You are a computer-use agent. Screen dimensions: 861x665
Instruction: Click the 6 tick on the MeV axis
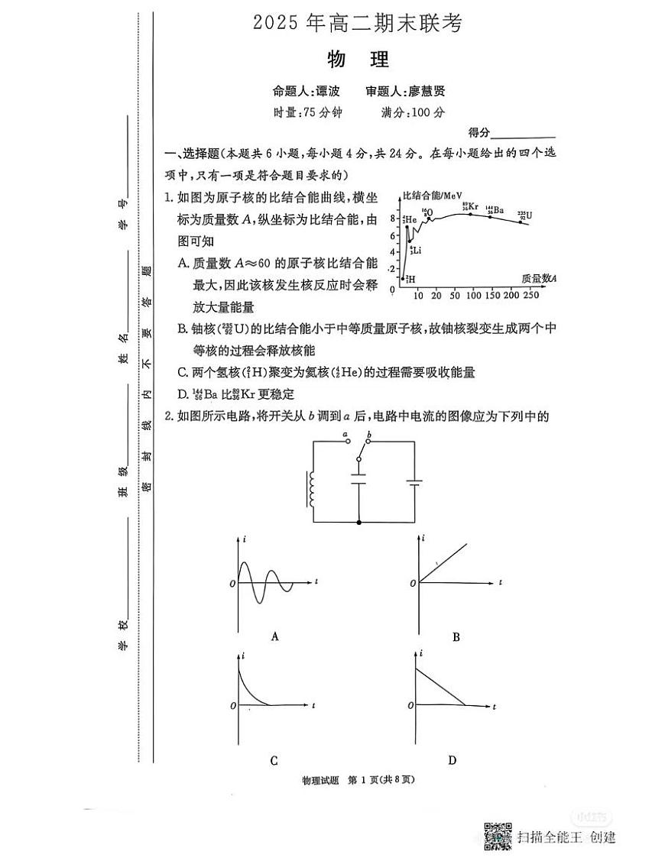[392, 235]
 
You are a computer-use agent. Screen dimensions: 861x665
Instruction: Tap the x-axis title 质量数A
[538, 278]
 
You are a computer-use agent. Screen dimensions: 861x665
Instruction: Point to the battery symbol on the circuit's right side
[415, 483]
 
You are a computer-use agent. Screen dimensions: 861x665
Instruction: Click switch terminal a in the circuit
[346, 438]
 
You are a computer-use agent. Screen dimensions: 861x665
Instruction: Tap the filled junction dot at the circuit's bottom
[359, 522]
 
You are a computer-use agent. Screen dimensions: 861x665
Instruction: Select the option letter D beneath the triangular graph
[453, 759]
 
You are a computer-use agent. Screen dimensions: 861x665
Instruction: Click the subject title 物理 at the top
[358, 60]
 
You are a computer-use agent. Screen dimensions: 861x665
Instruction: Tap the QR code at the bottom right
[498, 836]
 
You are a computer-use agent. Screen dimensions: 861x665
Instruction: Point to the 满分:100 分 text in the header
[413, 112]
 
